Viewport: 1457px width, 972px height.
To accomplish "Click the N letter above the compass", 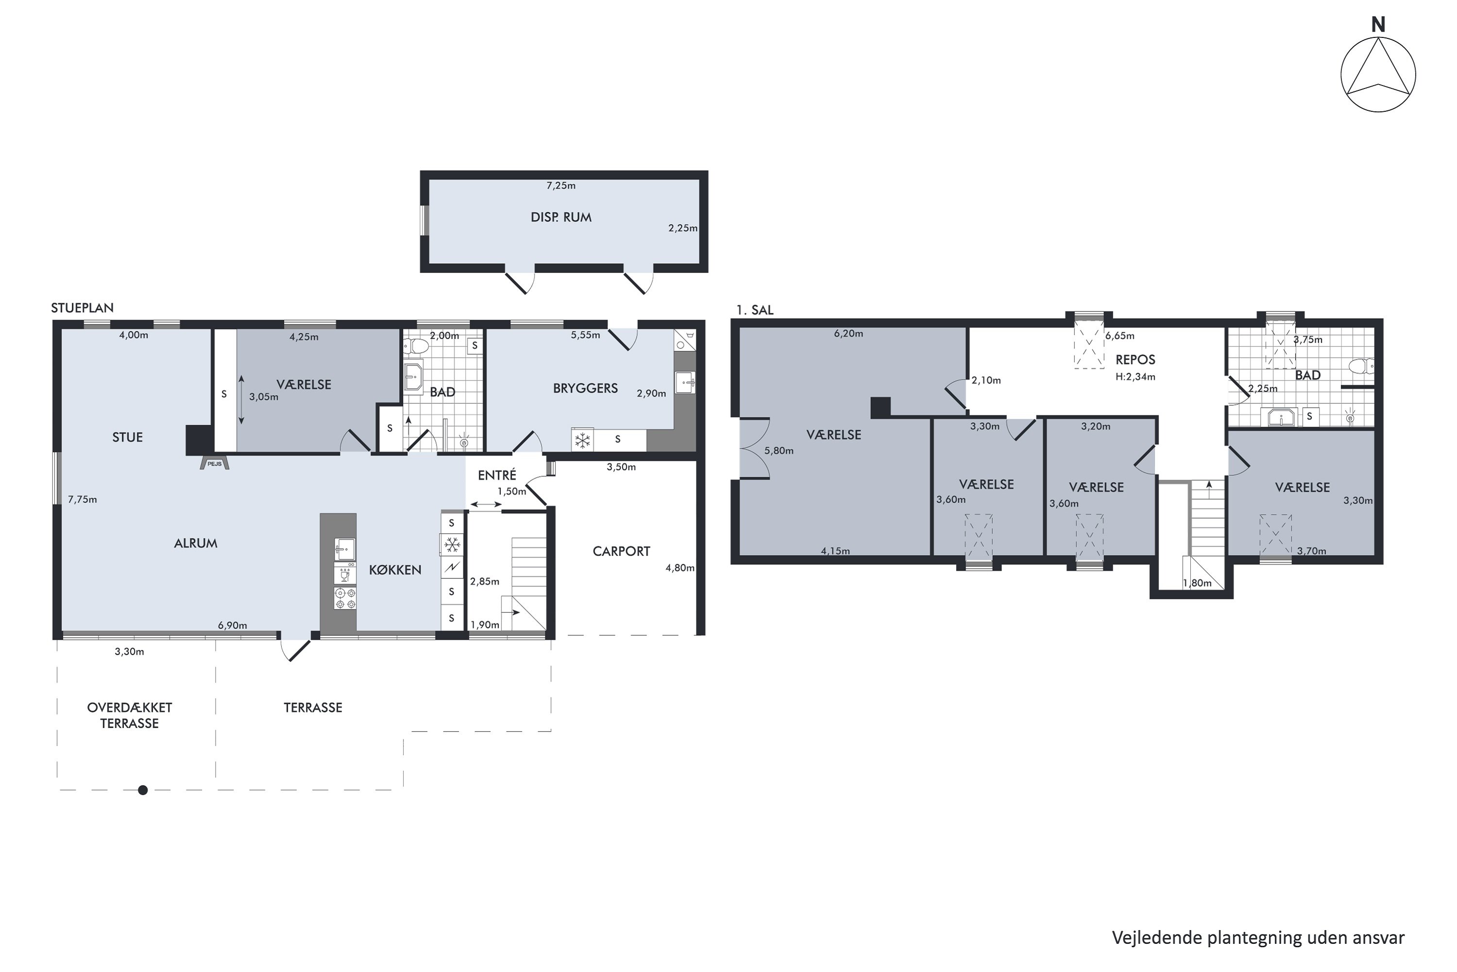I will (x=1378, y=25).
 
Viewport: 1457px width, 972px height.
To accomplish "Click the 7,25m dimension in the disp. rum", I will (x=560, y=185).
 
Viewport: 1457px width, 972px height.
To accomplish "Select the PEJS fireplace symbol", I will (x=214, y=464).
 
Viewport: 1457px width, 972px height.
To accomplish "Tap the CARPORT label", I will (x=621, y=552).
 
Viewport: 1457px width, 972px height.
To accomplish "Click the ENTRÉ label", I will (x=497, y=475).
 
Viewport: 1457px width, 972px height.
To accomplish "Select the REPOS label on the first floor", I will (x=1135, y=360).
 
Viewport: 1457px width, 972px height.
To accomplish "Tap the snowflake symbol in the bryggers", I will (x=582, y=441).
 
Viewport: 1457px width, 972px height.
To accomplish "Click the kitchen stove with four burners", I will (x=345, y=598).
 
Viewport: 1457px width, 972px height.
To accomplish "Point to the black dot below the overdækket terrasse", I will (x=143, y=790).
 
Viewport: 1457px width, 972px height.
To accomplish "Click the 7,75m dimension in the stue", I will (x=83, y=500).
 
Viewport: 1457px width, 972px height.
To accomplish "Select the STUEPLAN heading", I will (x=83, y=308).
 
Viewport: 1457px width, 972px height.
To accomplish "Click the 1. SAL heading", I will (x=755, y=310).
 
